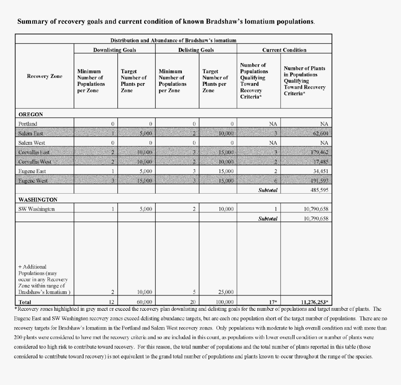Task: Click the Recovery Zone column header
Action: [x=44, y=76]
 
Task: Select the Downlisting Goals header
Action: [x=114, y=49]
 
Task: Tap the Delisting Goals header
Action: [x=196, y=49]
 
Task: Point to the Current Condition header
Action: [x=284, y=49]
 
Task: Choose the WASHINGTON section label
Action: [x=38, y=199]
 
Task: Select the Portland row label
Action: [x=28, y=124]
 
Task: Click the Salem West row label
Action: [x=32, y=143]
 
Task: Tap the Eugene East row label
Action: [x=32, y=171]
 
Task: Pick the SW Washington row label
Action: [x=37, y=209]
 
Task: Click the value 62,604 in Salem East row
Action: [x=319, y=133]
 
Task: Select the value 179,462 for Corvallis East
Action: [x=319, y=152]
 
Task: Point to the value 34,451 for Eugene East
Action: [x=320, y=171]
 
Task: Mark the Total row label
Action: [x=25, y=302]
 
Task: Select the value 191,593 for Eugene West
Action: [x=319, y=181]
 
